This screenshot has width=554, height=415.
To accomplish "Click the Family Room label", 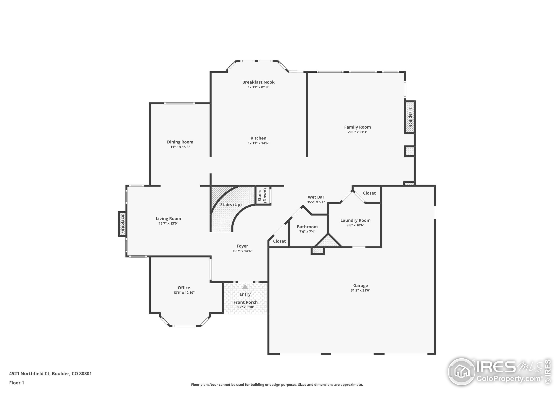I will click(358, 127).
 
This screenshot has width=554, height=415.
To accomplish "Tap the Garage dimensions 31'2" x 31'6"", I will click(360, 290).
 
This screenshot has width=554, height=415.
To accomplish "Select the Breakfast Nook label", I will click(258, 82).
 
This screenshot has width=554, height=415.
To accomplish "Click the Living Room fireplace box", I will click(122, 224).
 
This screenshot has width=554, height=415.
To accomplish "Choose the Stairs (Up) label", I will click(231, 205).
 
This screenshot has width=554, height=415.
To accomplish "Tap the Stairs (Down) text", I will click(262, 195).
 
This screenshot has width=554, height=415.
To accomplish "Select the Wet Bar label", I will click(316, 197).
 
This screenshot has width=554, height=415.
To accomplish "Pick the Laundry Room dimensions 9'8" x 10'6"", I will click(355, 225).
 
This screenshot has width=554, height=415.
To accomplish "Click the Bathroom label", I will click(307, 227).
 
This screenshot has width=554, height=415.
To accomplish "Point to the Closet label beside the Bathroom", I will click(279, 241).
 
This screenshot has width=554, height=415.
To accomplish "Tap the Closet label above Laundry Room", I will click(369, 193).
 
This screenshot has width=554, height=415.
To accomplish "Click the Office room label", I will click(184, 288).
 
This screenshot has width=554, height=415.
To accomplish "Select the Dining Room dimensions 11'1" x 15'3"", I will click(180, 147).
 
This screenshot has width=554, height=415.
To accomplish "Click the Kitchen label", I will click(258, 138).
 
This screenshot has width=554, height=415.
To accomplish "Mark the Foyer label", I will click(242, 246).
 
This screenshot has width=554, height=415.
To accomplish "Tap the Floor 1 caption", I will click(16, 383).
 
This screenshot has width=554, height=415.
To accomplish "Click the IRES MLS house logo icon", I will click(462, 372).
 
